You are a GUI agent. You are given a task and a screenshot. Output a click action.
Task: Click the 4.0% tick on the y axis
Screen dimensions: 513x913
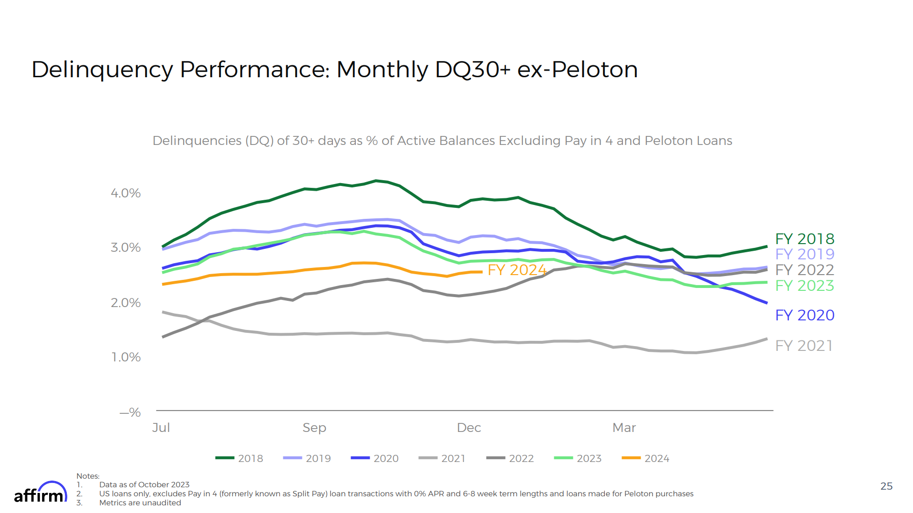(x=125, y=193)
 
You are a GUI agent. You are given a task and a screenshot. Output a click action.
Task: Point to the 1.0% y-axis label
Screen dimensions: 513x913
(x=125, y=357)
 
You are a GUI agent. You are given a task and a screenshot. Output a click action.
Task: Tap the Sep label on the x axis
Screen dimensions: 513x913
(x=314, y=428)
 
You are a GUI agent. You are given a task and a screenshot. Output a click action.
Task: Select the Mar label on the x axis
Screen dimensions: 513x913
(x=623, y=428)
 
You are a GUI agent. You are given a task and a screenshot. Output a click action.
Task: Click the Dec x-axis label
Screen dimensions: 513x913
(x=468, y=428)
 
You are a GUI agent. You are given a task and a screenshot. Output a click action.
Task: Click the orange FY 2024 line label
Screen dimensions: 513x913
(x=517, y=270)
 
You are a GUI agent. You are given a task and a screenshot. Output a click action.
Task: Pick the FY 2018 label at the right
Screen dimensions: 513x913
(x=804, y=239)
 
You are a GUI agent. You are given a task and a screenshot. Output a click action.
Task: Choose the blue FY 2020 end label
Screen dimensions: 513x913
(x=804, y=315)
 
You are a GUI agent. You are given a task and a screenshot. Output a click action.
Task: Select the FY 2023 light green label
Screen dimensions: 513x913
(x=804, y=286)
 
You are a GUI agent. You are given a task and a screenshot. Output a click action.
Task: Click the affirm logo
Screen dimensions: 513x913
(x=40, y=493)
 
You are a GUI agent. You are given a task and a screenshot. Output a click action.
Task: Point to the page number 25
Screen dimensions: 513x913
(x=886, y=486)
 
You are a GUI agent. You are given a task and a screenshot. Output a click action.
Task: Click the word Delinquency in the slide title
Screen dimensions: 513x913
(x=102, y=70)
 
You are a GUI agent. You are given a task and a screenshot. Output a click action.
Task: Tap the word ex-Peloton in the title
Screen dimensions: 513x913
(x=577, y=70)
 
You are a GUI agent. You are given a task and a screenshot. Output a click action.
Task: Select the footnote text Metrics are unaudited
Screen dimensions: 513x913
(x=140, y=503)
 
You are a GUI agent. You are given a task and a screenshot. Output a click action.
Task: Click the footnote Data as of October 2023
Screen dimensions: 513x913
(x=144, y=485)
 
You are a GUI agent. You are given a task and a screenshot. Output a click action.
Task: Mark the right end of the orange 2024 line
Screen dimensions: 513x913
(x=482, y=272)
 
